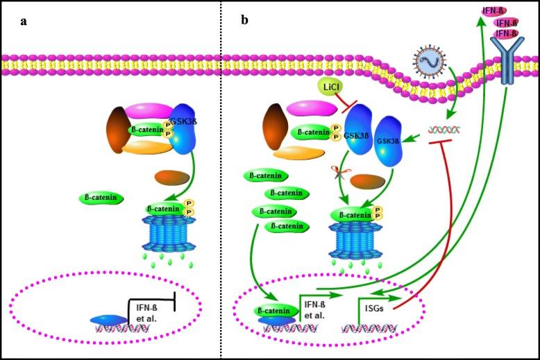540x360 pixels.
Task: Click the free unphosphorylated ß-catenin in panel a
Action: pos(102,198)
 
